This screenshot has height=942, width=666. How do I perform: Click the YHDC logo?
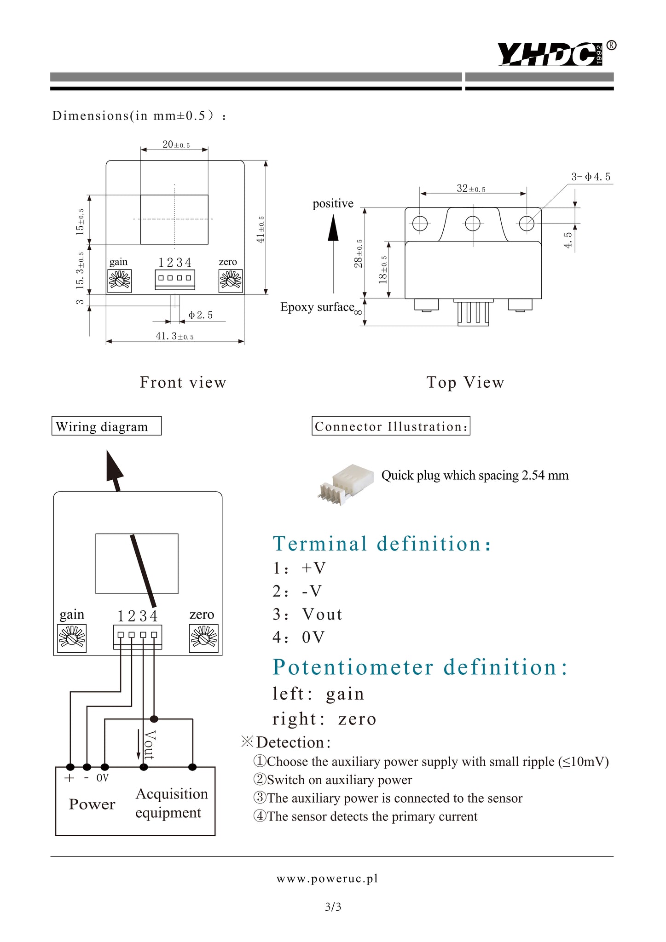[x=550, y=54]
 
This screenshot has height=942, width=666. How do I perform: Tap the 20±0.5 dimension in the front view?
[x=176, y=144]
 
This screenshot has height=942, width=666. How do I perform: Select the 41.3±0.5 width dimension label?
[x=174, y=336]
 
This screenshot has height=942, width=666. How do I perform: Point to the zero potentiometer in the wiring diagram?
[x=203, y=638]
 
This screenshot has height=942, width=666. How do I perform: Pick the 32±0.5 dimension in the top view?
[x=471, y=188]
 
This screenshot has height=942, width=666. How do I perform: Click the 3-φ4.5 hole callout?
[x=591, y=177]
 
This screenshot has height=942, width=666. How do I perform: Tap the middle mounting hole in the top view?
[x=473, y=224]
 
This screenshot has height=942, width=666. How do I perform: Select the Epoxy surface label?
[x=318, y=307]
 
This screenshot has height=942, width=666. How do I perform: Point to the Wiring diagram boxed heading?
[x=106, y=426]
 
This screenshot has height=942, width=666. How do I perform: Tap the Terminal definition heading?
[x=382, y=544]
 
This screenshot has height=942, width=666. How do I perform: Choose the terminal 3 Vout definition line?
[x=307, y=615]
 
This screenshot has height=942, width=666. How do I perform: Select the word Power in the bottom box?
[x=92, y=804]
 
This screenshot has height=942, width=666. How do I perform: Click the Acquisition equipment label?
[x=171, y=803]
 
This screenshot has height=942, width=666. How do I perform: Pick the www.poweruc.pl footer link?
[x=327, y=879]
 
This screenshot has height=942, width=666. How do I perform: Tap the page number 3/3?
[x=333, y=907]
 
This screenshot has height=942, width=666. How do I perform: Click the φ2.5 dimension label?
[x=201, y=315]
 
